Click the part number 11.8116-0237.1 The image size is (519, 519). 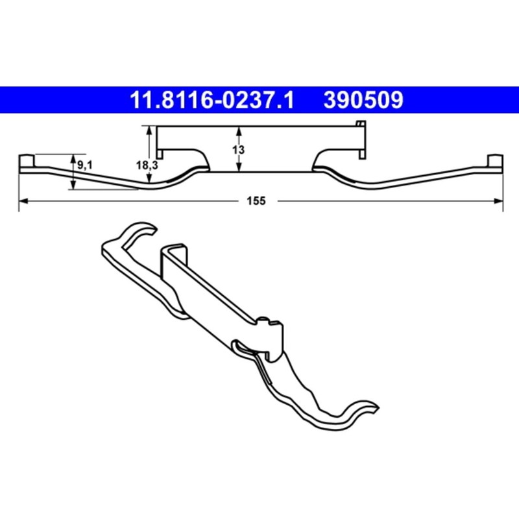coord(213,101)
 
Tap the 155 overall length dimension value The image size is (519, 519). coord(256,202)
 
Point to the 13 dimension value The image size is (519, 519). coord(238,149)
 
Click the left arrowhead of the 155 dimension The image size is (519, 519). coord(23,202)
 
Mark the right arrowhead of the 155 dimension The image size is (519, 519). coord(499,202)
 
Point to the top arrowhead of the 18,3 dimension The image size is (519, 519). coord(150,130)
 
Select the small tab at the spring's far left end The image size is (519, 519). coord(27,160)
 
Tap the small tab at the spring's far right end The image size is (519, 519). coord(494,160)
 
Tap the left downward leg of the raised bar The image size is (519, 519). coord(162,153)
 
